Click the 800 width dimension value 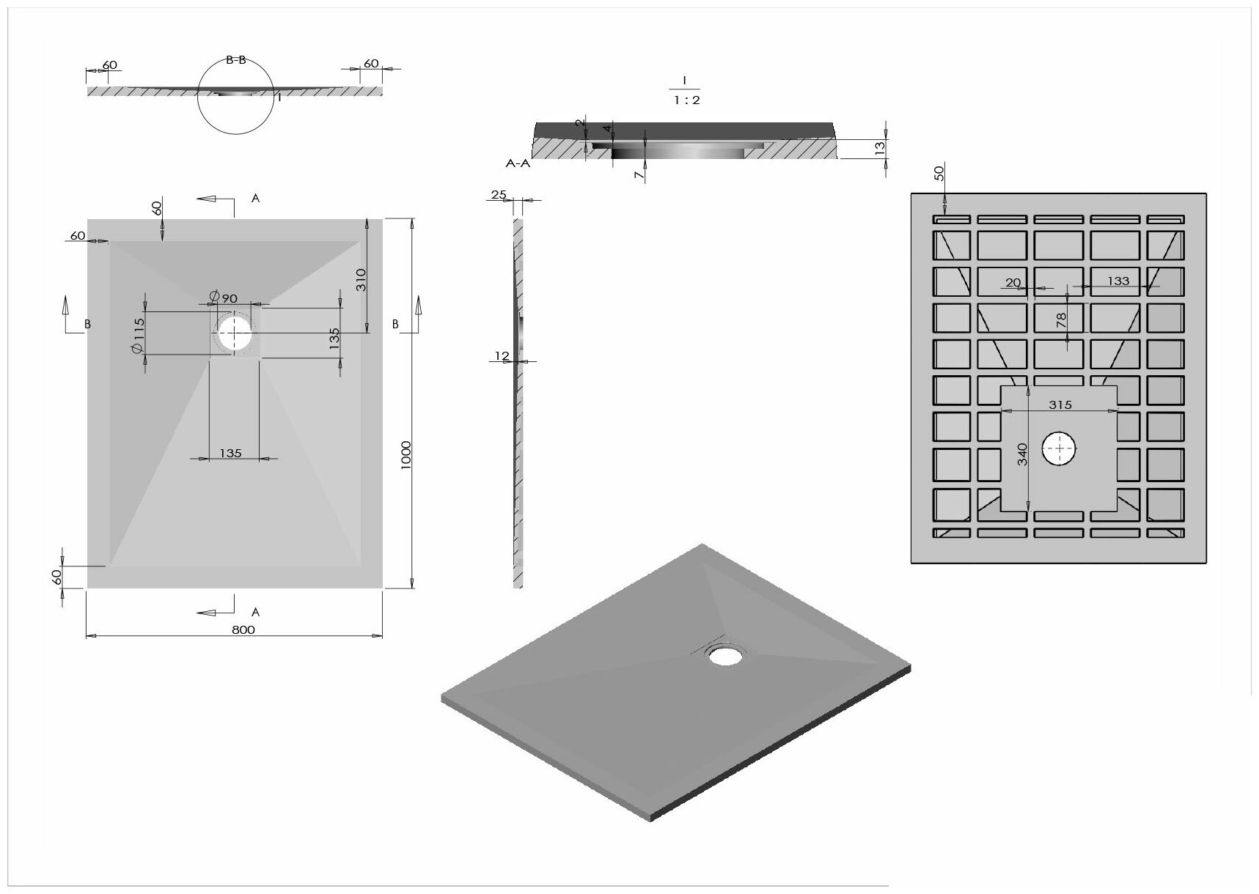(243, 629)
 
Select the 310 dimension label (361, 280)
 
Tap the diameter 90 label (223, 298)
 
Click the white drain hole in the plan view (234, 333)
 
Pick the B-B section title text (236, 60)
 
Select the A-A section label (518, 164)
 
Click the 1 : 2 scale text (687, 100)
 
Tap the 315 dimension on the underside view (1060, 404)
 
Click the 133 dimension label (1118, 281)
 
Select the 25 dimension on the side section (499, 195)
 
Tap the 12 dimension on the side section (502, 356)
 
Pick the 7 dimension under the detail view (639, 174)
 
